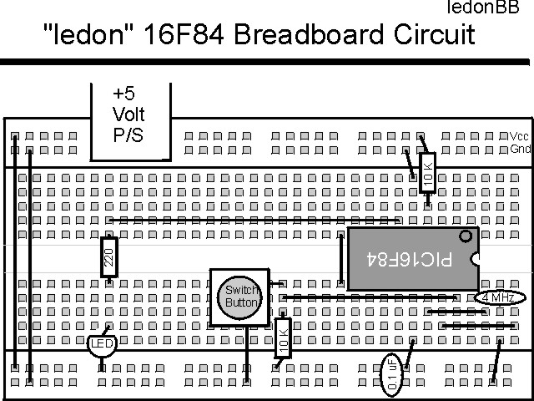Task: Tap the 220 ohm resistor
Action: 108,257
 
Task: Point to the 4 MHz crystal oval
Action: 499,297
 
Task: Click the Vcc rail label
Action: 519,136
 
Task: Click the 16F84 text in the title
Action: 179,35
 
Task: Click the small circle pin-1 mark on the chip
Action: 465,236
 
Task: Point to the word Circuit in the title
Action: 432,35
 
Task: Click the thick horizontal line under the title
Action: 267,61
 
